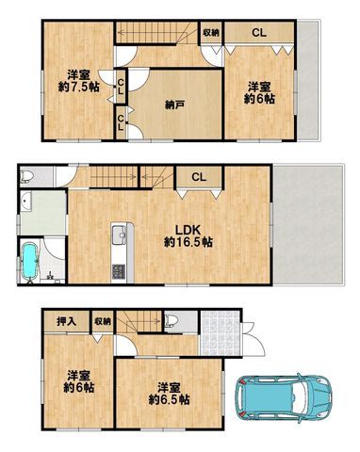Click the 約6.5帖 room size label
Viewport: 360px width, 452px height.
[x=168, y=399]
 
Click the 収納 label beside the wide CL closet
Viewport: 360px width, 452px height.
[x=210, y=33]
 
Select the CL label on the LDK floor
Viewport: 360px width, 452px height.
[x=198, y=175]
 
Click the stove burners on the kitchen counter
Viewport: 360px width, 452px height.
[x=119, y=273]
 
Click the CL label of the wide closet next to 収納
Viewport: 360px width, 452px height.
[x=257, y=33]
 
